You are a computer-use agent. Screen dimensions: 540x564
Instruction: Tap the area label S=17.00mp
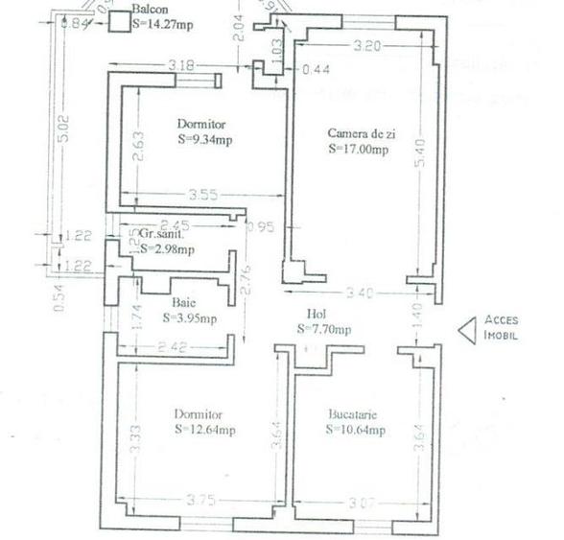pyautogui.click(x=358, y=149)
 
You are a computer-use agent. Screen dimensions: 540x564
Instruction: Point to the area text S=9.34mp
pyautogui.click(x=205, y=139)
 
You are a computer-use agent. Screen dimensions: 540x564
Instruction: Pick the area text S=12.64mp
pyautogui.click(x=205, y=430)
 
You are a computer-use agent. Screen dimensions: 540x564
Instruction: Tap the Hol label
pyautogui.click(x=317, y=314)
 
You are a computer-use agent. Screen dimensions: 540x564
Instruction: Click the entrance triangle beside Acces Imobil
pyautogui.click(x=466, y=330)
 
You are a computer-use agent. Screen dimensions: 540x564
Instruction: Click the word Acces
pyautogui.click(x=502, y=320)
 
